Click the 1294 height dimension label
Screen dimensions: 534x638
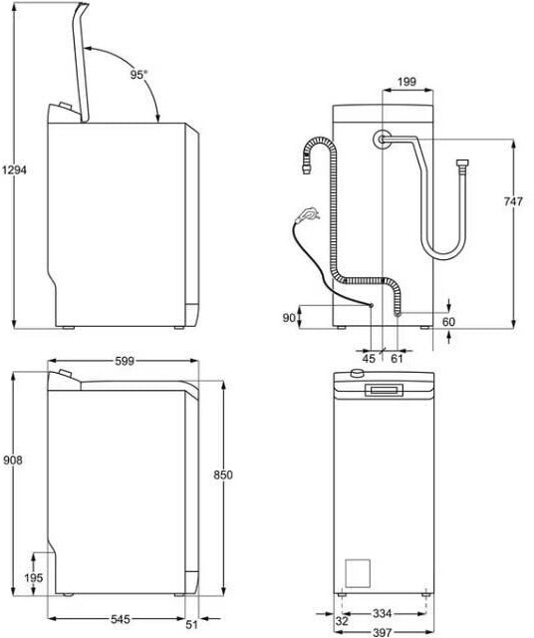[x=15, y=170]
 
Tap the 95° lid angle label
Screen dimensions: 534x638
[x=138, y=75]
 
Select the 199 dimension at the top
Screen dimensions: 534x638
[x=406, y=82]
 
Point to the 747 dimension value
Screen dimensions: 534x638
[x=513, y=201]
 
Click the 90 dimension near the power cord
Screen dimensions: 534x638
[x=289, y=318]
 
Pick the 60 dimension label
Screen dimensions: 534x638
[x=448, y=322]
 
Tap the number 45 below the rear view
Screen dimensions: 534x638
[x=369, y=358]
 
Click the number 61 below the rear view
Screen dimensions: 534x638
[x=397, y=358]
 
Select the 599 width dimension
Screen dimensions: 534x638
[x=125, y=361]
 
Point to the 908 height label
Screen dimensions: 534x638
[x=13, y=461]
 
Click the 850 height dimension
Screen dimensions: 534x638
[x=223, y=475]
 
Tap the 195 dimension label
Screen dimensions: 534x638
[x=33, y=577]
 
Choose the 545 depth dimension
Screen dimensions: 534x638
[x=121, y=619]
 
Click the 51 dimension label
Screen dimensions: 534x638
[x=191, y=623]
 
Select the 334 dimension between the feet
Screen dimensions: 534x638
[x=383, y=613]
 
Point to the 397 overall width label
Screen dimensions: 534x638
[x=383, y=632]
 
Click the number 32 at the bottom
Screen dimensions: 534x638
[x=343, y=621]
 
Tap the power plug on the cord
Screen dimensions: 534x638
[x=307, y=213]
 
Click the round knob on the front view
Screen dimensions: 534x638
[x=357, y=373]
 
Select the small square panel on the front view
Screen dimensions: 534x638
[x=358, y=573]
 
